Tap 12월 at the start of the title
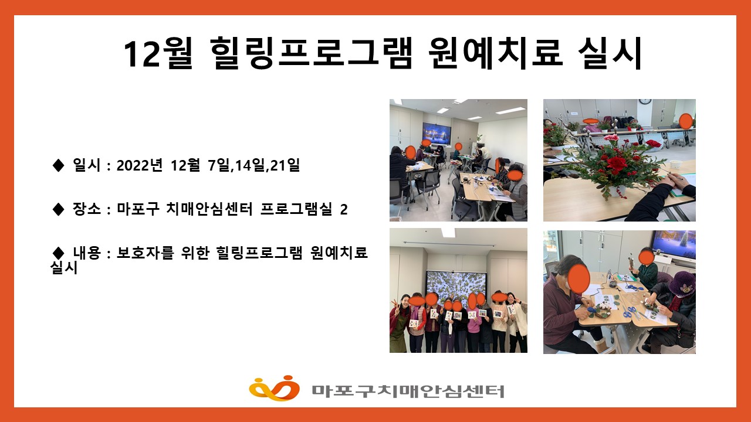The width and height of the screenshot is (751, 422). [x=158, y=53]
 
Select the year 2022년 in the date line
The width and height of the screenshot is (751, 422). [x=140, y=165]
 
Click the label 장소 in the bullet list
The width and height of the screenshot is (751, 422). [x=86, y=209]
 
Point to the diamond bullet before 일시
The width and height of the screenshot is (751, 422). [x=58, y=165]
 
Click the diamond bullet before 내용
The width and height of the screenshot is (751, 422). [x=58, y=253]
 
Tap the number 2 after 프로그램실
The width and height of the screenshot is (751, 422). [x=344, y=209]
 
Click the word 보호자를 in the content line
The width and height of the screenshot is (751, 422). [x=145, y=253]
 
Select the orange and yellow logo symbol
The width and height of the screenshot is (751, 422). [x=274, y=388]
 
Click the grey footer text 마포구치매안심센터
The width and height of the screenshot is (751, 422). [x=408, y=391]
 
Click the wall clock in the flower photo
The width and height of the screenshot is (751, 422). [x=645, y=101]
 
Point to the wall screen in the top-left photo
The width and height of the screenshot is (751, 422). [x=437, y=133]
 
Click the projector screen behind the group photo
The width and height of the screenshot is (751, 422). [x=457, y=287]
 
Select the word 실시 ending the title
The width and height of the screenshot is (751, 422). [x=610, y=53]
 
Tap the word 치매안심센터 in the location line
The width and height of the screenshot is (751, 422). [x=209, y=209]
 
